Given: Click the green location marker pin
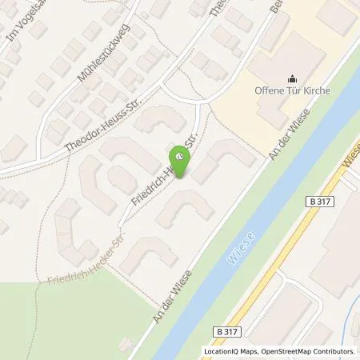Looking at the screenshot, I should click(x=182, y=162).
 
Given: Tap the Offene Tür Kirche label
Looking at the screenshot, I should click(x=291, y=90).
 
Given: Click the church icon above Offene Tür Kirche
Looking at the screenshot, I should click(x=290, y=78).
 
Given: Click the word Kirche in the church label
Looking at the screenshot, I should click(x=316, y=90).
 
